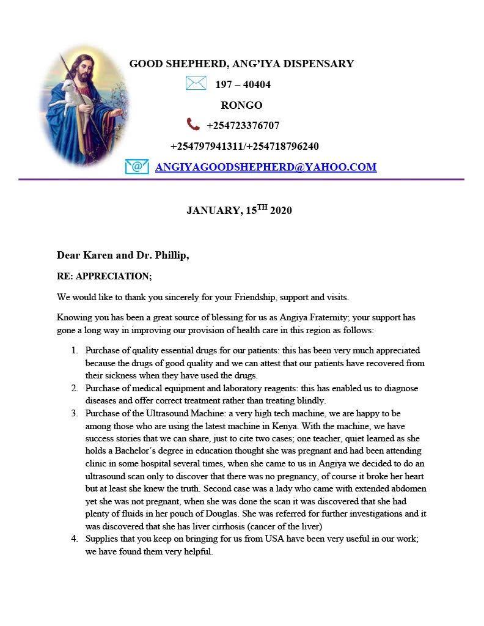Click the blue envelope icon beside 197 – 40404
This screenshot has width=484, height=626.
196,84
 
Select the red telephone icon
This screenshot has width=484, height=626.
193,125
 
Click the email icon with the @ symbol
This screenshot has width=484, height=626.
137,166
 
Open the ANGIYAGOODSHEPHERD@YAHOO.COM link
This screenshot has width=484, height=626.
266,167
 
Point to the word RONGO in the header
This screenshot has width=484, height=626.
241,105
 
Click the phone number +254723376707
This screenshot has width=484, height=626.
243,126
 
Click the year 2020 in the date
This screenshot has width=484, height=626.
281,211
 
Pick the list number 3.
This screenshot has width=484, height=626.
74,414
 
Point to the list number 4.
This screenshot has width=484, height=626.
74,539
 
